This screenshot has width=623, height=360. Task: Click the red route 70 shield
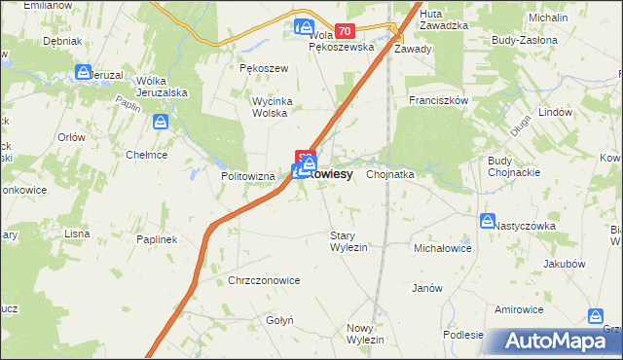point(344,32)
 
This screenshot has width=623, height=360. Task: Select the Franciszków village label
point(439,100)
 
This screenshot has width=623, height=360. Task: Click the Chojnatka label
point(390,174)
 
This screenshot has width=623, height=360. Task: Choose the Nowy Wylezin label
point(365,333)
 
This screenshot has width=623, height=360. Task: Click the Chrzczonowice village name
point(264,280)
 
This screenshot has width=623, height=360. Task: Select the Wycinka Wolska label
point(255,106)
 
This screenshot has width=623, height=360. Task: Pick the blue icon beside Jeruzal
point(84,72)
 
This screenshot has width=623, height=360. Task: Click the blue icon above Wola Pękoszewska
point(304,27)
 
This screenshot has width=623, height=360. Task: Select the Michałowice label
point(443,249)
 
